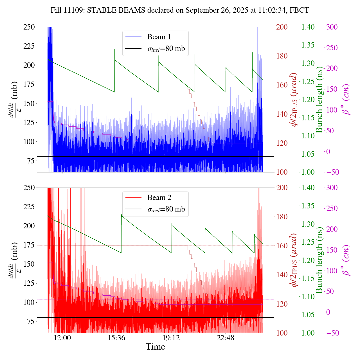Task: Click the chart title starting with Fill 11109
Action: coord(180,10)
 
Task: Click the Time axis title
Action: coord(155,347)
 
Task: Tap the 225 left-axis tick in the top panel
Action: coord(29,46)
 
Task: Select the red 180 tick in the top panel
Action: coord(282,56)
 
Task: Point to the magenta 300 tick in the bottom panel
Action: coord(332,188)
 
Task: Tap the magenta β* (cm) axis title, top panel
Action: coord(346,100)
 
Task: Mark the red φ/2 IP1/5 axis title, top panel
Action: coord(294,100)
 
